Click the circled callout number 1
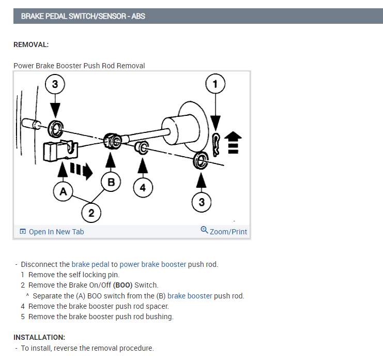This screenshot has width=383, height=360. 216,84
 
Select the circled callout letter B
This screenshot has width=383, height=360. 111,182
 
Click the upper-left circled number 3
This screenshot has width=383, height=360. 55,84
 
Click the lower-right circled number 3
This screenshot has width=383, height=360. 202,203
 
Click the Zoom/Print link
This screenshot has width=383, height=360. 228,232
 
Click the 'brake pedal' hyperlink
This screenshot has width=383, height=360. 90,264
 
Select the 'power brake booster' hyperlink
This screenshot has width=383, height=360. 152,264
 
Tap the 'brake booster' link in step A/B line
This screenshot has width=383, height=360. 190,296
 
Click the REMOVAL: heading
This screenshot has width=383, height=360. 31,44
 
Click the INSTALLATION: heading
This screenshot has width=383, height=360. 39,337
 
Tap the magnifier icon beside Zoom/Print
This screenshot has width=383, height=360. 204,231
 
